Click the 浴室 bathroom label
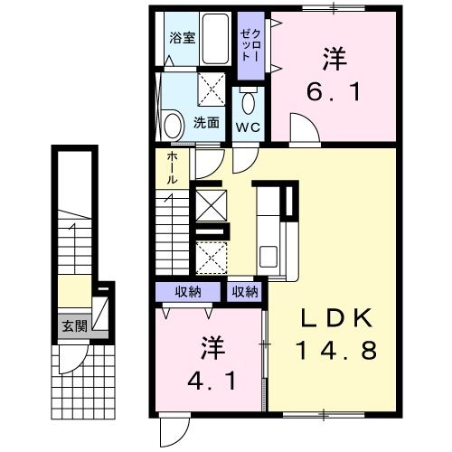pyautogui.click(x=183, y=38)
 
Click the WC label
pyautogui.click(x=248, y=127)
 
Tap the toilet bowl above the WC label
pyautogui.click(x=249, y=99)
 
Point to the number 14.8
pyautogui.click(x=334, y=348)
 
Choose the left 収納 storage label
pyautogui.click(x=188, y=291)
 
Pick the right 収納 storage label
pyautogui.click(x=244, y=291)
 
